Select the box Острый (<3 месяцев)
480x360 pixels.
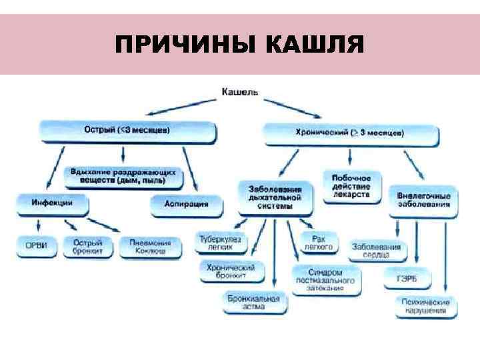coord(127,131)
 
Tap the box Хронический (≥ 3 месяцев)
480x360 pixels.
coord(351,134)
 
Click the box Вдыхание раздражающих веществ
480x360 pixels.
coord(125,175)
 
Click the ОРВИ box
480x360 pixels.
coord(37,245)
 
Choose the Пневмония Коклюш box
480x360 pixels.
coord(151,247)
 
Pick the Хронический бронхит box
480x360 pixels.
coord(232,271)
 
